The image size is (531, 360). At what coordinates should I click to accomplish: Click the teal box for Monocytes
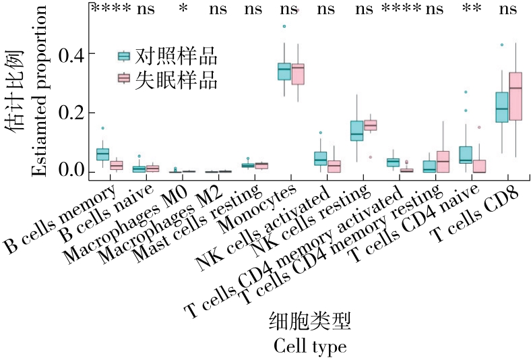point(284,70)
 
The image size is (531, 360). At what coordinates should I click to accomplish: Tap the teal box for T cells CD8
point(501,107)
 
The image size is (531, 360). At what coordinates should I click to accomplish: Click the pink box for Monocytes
point(298,73)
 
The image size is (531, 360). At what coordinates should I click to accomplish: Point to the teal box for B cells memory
point(102,154)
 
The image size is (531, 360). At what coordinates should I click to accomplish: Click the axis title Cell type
point(310,347)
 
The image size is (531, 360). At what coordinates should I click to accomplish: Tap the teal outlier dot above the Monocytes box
point(284,26)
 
